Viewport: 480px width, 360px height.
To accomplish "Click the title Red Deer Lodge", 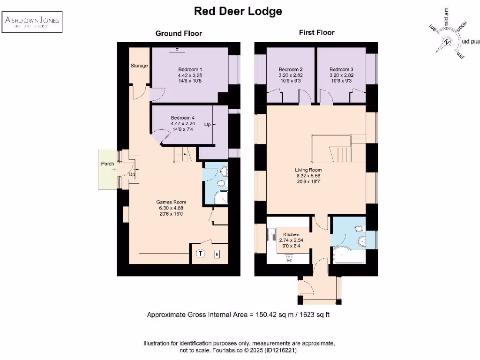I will [x=238, y=11].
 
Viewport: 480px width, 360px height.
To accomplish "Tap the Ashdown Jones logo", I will [x=32, y=22].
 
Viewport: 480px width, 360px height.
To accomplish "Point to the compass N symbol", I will [x=447, y=42].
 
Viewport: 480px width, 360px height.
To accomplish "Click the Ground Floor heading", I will [x=179, y=33].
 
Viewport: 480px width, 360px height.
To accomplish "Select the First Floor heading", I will [x=317, y=32].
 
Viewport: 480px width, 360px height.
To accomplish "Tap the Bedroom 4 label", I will [x=182, y=118].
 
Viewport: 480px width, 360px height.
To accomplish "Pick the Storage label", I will [x=139, y=66].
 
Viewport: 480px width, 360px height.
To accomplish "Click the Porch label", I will [x=107, y=164].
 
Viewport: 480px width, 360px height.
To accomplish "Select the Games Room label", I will [x=168, y=202].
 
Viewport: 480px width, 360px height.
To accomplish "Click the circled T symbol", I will [x=201, y=254].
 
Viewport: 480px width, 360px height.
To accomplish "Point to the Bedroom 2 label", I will [x=291, y=69].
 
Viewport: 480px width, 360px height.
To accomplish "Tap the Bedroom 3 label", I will [x=341, y=69].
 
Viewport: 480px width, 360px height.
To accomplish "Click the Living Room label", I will [x=308, y=170].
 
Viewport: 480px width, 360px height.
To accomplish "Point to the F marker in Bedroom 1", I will [x=177, y=50].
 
